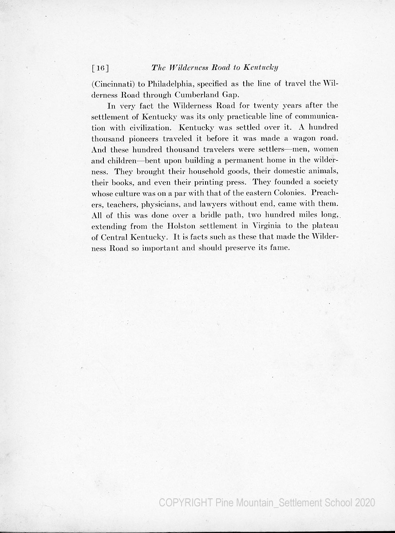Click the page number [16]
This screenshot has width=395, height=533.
(x=100, y=68)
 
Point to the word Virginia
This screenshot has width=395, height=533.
(x=265, y=225)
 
